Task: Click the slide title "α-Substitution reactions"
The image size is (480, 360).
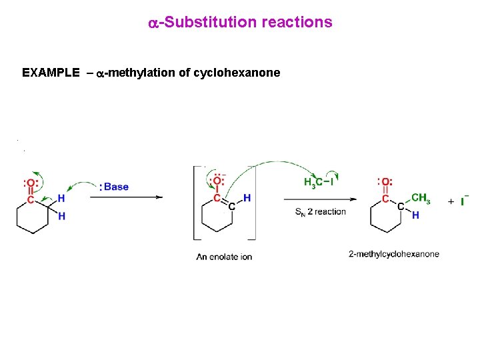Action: (x=240, y=23)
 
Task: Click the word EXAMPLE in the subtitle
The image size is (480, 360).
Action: (x=51, y=73)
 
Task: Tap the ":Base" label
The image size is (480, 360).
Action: (x=114, y=187)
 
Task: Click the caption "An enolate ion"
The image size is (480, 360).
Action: (x=224, y=257)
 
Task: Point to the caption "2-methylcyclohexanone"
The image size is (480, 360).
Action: (x=394, y=254)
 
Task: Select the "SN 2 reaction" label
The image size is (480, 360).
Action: (x=320, y=212)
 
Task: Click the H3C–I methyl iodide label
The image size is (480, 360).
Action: (x=319, y=182)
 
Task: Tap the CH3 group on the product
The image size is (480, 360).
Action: (x=421, y=197)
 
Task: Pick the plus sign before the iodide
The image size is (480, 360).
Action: (x=451, y=201)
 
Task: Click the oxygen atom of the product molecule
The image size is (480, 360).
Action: (x=385, y=182)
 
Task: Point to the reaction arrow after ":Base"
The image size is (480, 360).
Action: (x=150, y=197)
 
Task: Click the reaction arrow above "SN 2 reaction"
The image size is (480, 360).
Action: (x=319, y=199)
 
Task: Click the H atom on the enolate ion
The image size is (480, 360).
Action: (x=247, y=197)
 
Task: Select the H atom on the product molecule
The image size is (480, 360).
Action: (x=415, y=215)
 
